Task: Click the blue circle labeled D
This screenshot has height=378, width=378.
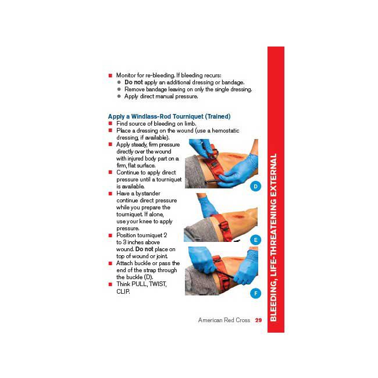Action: (x=255, y=186)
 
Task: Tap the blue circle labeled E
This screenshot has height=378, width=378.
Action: (x=255, y=240)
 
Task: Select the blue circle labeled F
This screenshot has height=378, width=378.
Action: (x=255, y=293)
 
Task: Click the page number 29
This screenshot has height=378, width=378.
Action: (x=258, y=320)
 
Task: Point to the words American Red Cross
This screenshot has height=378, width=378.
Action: (x=224, y=320)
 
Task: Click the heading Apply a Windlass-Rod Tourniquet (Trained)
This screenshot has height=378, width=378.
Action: (x=169, y=116)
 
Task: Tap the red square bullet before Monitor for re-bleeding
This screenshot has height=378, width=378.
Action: (x=110, y=76)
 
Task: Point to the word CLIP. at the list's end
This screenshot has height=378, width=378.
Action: (x=123, y=291)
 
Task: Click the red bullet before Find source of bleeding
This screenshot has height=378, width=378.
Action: (x=110, y=124)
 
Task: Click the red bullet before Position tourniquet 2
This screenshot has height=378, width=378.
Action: (x=110, y=236)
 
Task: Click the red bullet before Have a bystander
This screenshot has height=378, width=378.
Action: (x=110, y=194)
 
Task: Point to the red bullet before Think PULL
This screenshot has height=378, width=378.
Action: (x=110, y=284)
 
